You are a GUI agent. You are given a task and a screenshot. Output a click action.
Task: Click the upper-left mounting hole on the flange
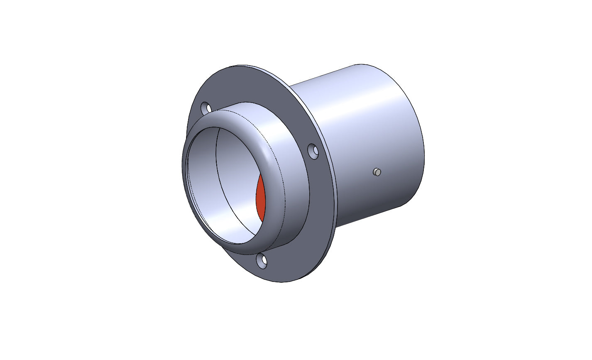pos(205,108)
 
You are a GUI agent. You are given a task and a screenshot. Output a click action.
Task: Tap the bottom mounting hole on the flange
pos(262,261)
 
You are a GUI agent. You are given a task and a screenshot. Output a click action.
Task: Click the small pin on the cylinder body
pos(377,171)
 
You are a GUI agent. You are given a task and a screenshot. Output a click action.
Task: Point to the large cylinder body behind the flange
pos(374,137)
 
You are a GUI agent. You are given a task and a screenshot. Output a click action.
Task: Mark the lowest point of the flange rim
pos(282,282)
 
